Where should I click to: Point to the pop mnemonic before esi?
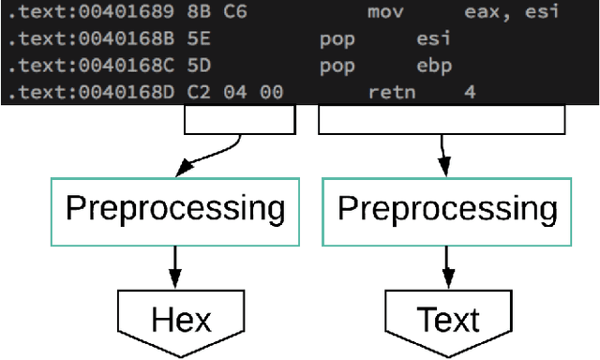coord(337,41)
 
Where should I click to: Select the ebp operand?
coord(434,67)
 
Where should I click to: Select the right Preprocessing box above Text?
coord(446,209)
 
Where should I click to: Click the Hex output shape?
coord(180,322)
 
